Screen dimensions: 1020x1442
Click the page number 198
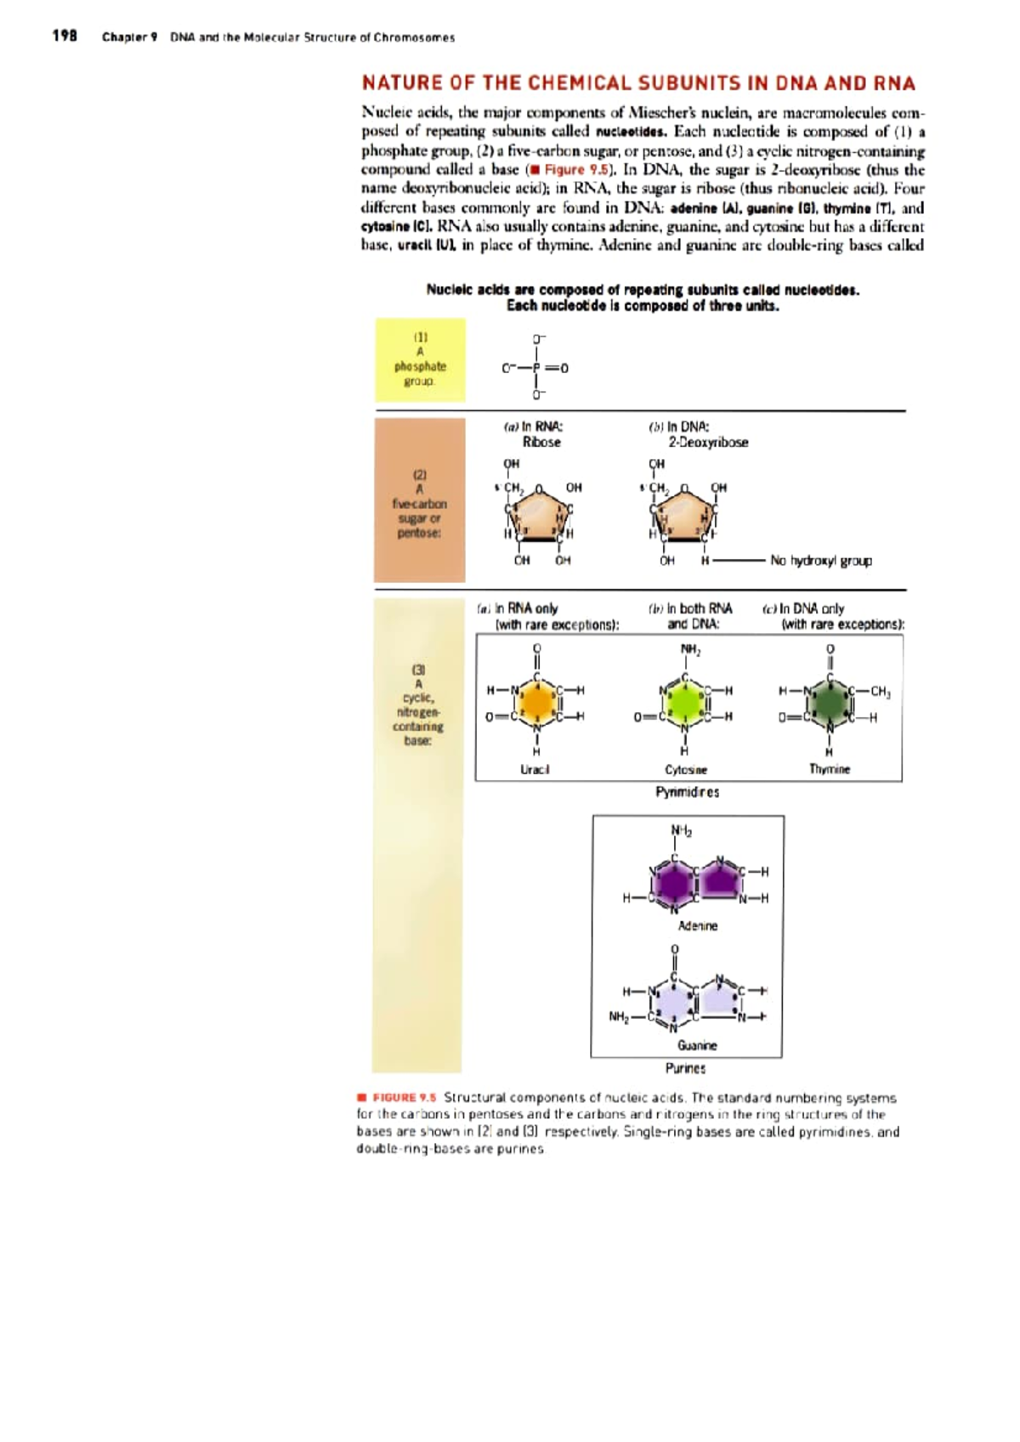tap(65, 36)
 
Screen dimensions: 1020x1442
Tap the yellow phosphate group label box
tap(420, 360)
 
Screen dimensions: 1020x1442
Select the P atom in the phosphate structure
tap(536, 368)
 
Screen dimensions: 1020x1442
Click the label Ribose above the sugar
tap(541, 442)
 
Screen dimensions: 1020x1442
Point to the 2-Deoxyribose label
tap(707, 442)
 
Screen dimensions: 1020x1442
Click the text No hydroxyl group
tap(820, 561)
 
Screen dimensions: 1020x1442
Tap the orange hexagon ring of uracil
tap(536, 703)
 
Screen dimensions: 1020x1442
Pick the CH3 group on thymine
tap(880, 692)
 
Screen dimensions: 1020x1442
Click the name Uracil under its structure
tap(535, 769)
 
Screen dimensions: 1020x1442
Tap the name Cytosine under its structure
tap(685, 769)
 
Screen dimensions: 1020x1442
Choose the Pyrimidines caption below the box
tap(687, 792)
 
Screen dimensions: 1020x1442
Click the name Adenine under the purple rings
tap(697, 925)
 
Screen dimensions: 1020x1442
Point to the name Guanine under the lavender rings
tap(697, 1045)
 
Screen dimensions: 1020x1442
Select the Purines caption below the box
tap(685, 1068)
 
